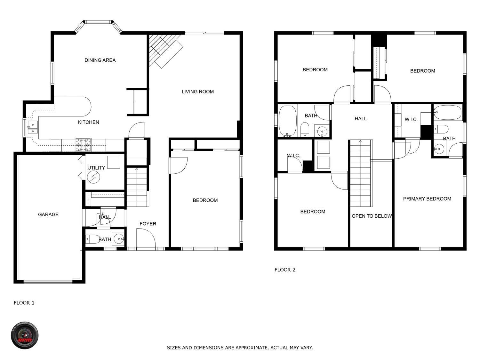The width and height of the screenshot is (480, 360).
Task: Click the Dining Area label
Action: point(100,60)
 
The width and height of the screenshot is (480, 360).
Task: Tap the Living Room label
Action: point(197,92)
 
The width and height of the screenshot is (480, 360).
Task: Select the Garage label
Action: point(48,214)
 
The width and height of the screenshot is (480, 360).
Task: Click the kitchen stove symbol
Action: point(83,145)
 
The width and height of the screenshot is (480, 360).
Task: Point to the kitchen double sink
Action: point(33,128)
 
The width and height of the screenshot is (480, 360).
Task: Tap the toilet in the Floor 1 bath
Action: point(92,239)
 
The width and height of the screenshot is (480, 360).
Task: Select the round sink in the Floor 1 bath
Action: point(119,239)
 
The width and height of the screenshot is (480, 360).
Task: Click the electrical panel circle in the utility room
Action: point(93,177)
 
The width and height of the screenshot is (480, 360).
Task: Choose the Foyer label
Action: point(148,224)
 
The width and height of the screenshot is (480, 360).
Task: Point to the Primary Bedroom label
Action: point(427,199)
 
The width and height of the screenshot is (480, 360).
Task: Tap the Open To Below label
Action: point(372,216)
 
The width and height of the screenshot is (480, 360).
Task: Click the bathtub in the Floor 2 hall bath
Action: point(288,121)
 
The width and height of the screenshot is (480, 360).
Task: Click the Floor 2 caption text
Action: point(285,270)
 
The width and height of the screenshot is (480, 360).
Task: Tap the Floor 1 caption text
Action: point(24,303)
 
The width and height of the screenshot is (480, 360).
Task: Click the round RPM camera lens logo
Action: point(25,335)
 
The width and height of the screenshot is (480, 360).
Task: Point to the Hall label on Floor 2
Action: point(360,119)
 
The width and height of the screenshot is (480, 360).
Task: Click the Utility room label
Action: point(96,168)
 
